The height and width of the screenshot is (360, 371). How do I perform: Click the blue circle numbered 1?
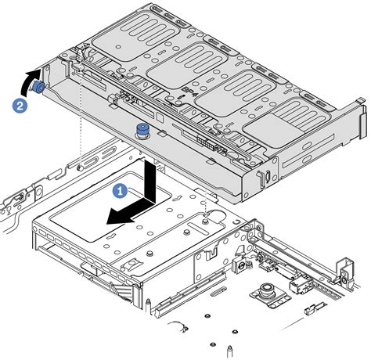pos(119,189)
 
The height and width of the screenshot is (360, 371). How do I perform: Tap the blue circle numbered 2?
pos(19,103)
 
